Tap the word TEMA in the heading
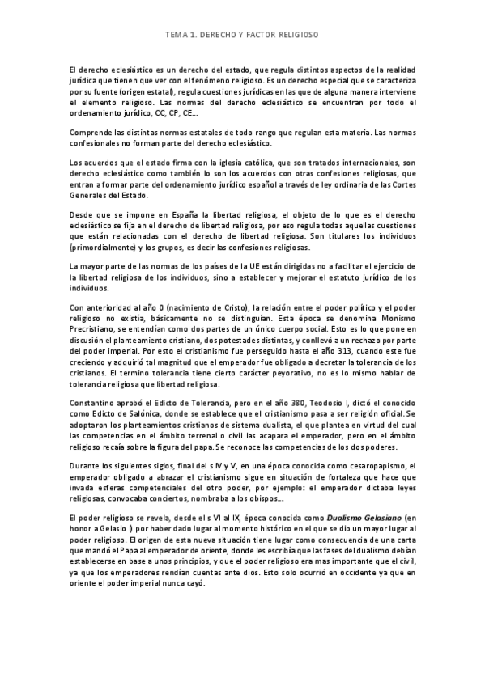[175, 36]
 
